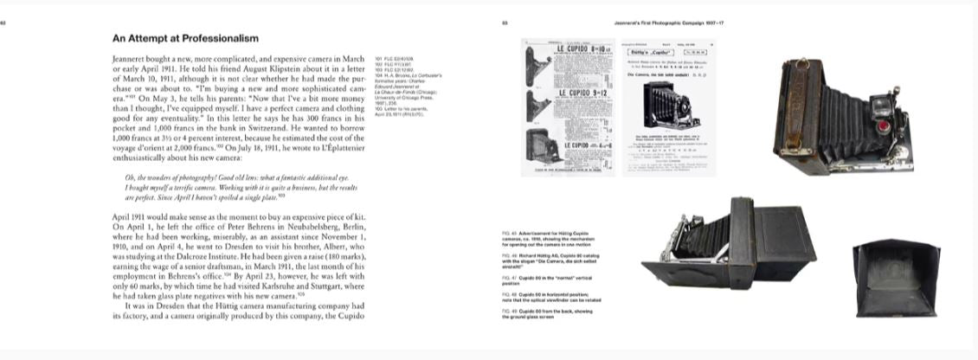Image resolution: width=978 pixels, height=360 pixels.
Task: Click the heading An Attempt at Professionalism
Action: coord(185,39)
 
